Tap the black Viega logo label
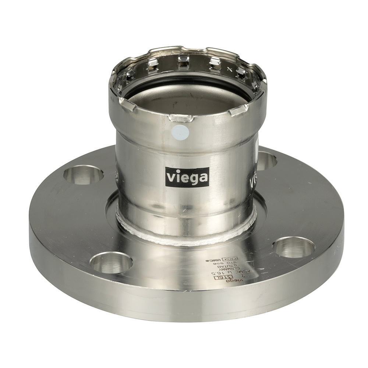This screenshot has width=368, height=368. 187,177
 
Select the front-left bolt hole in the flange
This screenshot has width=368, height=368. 111,263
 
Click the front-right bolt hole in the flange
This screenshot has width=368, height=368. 293,247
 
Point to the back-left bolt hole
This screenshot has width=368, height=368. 83,174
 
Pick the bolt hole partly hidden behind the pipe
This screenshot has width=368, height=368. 266,160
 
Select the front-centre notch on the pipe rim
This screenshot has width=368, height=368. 181,118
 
